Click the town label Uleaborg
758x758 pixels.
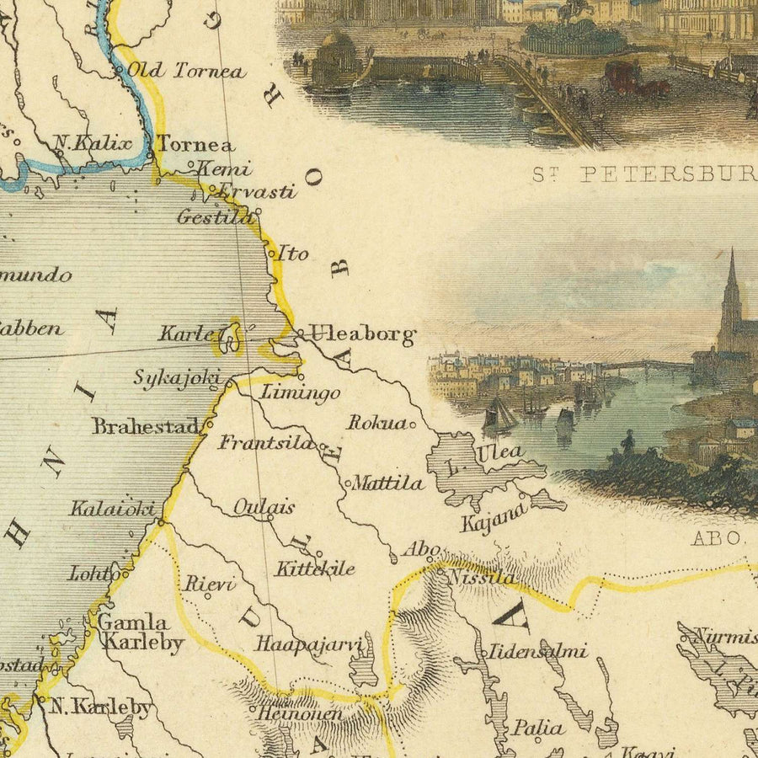pos(362,335)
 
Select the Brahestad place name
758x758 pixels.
pos(146,426)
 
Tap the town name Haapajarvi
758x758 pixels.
pos(308,644)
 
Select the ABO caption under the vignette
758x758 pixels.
pos(718,537)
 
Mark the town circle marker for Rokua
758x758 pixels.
pos(413,425)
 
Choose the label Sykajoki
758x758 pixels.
pos(176,377)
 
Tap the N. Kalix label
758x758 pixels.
pos(93,143)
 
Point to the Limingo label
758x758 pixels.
pos(301,392)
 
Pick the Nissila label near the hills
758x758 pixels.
pos(480,578)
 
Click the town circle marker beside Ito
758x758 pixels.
pos(272,251)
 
